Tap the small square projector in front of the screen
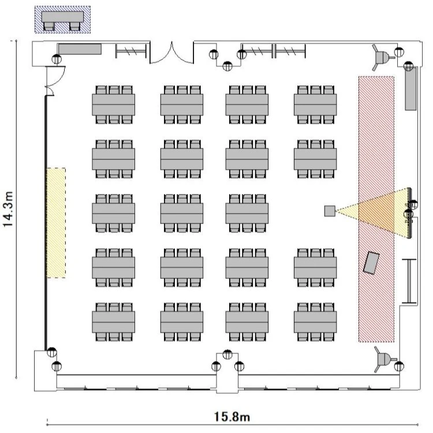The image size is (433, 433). point(330,211)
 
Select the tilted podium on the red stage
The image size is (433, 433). point(371,263)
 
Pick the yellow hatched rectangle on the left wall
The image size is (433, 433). point(57,222)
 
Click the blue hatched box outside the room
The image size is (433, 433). point(63,20)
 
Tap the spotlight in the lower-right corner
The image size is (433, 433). point(382,359)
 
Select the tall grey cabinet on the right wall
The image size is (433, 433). point(410,88)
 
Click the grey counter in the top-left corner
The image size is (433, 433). point(80,49)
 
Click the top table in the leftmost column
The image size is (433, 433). point(113,104)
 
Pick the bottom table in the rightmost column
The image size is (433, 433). point(315,320)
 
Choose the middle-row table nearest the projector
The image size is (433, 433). point(247,211)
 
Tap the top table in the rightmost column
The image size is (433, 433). point(315,104)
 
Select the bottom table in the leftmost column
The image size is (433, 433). point(113,320)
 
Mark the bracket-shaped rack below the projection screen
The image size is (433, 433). point(409,281)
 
